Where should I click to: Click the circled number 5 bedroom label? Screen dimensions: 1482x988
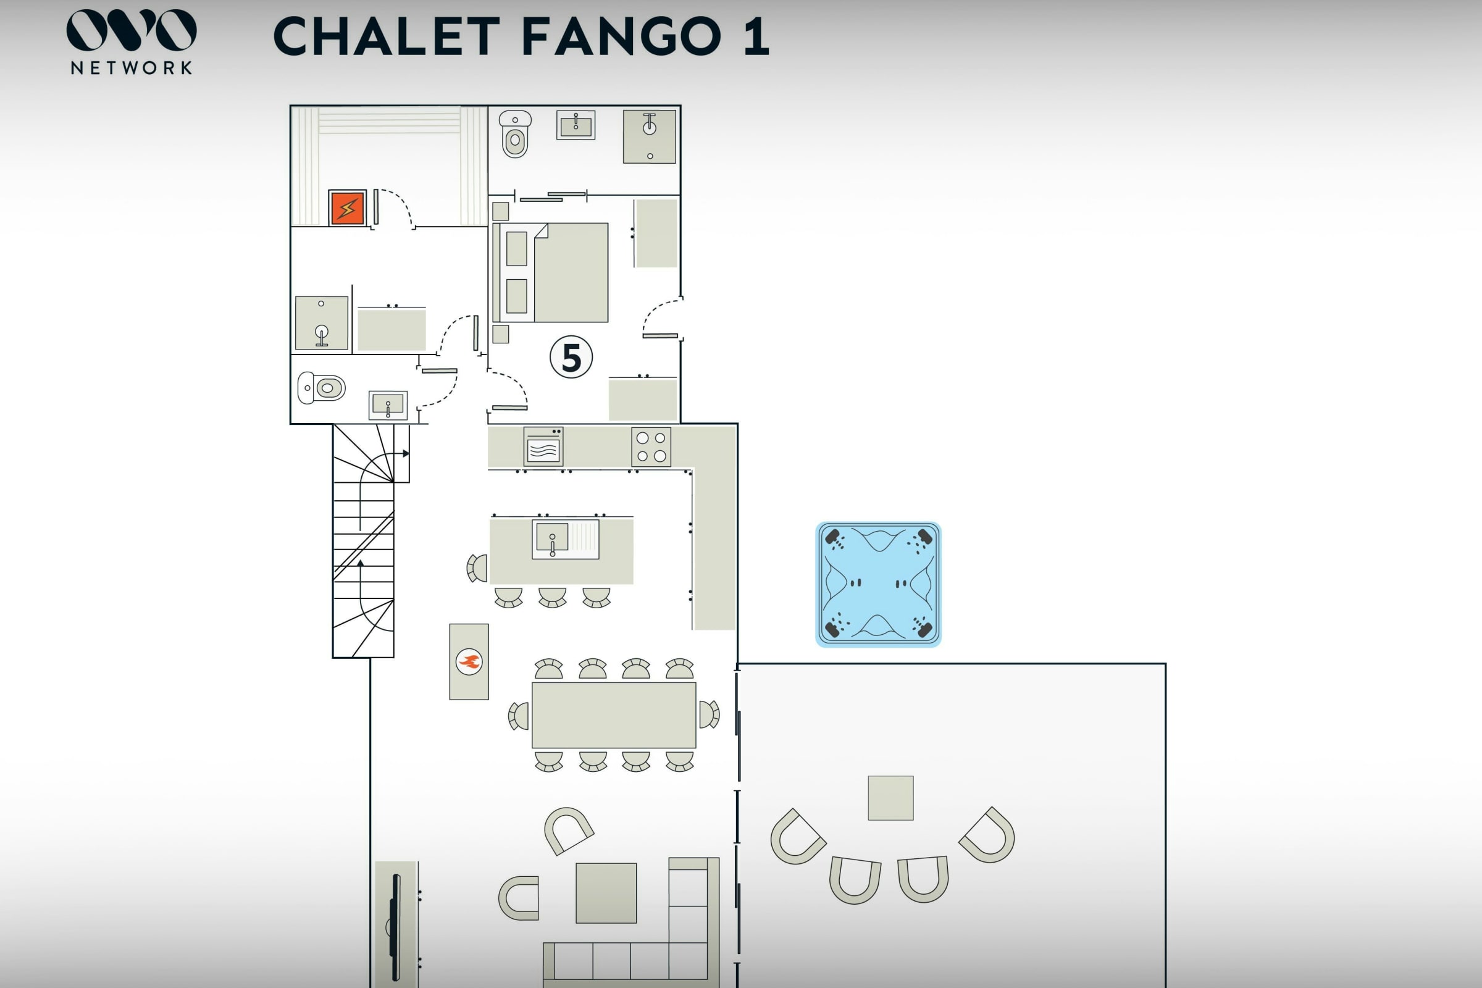click(x=571, y=358)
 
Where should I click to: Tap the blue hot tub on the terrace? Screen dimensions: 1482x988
click(x=878, y=584)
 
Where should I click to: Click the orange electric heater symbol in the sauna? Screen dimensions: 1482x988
click(x=347, y=208)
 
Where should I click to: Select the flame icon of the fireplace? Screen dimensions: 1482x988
click(x=469, y=661)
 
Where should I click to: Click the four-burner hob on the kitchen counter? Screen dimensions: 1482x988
click(x=651, y=446)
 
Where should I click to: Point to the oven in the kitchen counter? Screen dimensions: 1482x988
click(x=543, y=446)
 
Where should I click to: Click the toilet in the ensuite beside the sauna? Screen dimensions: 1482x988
click(x=515, y=133)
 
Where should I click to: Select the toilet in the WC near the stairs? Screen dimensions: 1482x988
click(x=321, y=388)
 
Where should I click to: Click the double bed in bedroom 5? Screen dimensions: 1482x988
click(x=551, y=272)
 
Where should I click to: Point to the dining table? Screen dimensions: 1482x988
click(x=614, y=715)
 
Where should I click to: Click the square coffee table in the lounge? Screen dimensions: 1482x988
click(x=606, y=893)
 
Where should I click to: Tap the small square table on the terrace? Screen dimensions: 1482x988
click(x=890, y=798)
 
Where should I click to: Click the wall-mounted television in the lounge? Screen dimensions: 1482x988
click(x=395, y=926)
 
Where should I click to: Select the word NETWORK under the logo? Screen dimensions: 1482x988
click(x=131, y=68)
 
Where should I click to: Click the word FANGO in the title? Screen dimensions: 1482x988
click(x=622, y=36)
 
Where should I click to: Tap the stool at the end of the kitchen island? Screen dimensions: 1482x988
click(x=477, y=568)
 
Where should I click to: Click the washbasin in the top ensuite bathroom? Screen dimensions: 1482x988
click(x=576, y=125)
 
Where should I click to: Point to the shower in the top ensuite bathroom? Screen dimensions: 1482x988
click(x=650, y=136)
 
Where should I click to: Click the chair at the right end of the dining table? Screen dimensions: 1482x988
click(x=710, y=714)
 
